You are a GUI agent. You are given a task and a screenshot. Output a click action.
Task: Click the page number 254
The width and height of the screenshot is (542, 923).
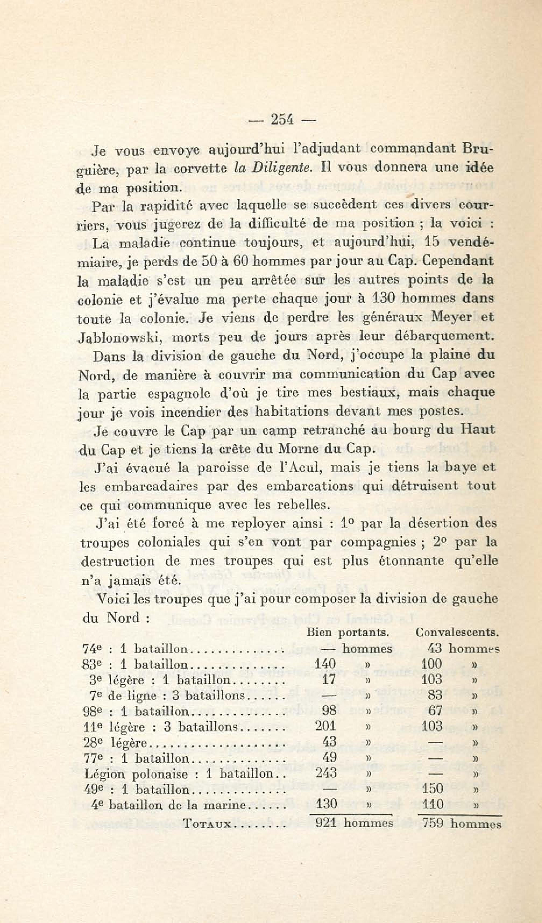click(x=282, y=119)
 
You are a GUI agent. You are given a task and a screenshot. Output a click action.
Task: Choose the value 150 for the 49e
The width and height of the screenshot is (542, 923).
click(x=433, y=789)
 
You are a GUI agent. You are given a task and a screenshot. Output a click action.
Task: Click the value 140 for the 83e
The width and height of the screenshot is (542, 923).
click(x=325, y=664)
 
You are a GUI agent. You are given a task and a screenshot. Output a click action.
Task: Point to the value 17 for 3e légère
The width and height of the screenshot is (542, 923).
click(x=328, y=679)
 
